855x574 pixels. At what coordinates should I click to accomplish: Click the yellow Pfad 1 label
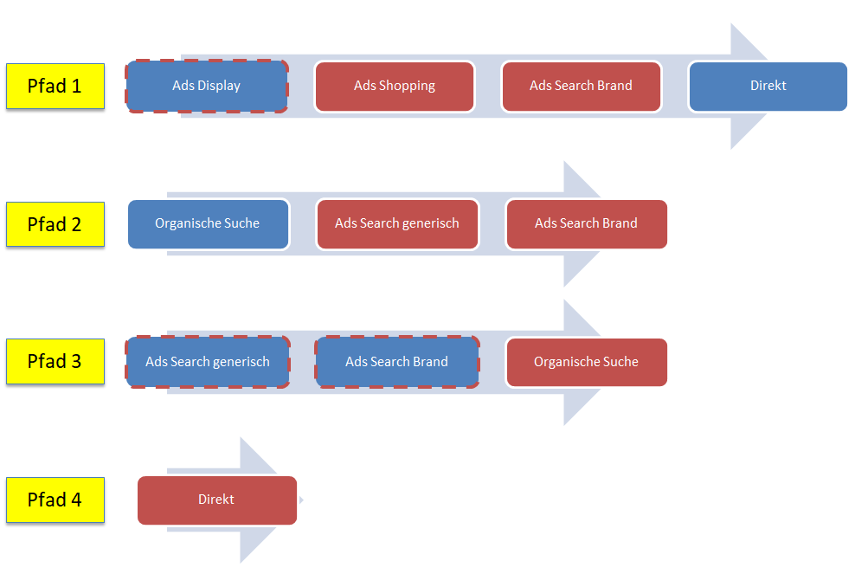[x=55, y=86]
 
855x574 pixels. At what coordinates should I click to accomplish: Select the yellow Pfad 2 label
[x=55, y=224]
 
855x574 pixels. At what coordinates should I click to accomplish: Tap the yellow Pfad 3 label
[x=55, y=361]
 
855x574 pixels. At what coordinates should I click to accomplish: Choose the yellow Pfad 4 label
[x=55, y=500]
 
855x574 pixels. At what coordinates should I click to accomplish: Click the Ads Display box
[x=207, y=86]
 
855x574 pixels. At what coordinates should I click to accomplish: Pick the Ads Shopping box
[x=395, y=86]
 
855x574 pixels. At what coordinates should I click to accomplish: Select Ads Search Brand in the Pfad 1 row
[x=581, y=86]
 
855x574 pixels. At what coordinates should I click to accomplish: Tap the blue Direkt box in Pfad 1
[x=768, y=86]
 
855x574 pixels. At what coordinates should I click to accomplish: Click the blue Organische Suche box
[x=208, y=223]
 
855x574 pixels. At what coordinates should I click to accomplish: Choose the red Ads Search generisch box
[x=397, y=223]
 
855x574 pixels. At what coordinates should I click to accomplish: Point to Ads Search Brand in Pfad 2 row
[x=586, y=223]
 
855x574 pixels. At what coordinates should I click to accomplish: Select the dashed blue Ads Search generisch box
[x=208, y=362]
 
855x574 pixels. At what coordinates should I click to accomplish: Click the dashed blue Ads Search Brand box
[x=397, y=362]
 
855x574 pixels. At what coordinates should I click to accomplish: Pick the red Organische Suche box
[x=586, y=362]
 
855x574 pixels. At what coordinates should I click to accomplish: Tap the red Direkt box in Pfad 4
[x=216, y=500]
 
